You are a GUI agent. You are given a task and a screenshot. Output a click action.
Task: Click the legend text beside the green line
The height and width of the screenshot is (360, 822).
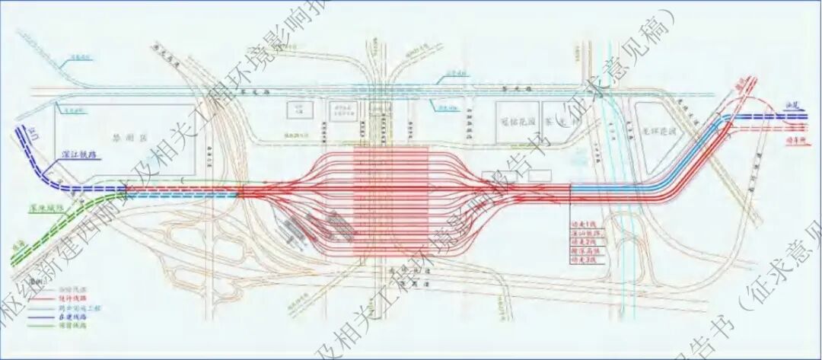pos(72,325)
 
